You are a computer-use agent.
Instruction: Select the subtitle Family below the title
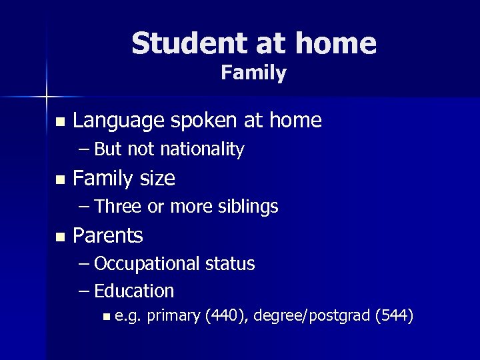click(x=253, y=73)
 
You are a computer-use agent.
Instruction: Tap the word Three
click(x=118, y=207)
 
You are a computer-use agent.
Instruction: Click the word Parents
click(x=107, y=235)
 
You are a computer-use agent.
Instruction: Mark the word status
click(x=229, y=264)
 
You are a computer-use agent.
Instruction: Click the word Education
click(x=134, y=291)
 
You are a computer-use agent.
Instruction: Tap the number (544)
click(x=395, y=315)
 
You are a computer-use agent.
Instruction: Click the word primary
click(x=173, y=315)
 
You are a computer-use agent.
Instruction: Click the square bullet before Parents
click(x=61, y=237)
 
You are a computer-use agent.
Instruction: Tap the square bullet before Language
click(x=61, y=122)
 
